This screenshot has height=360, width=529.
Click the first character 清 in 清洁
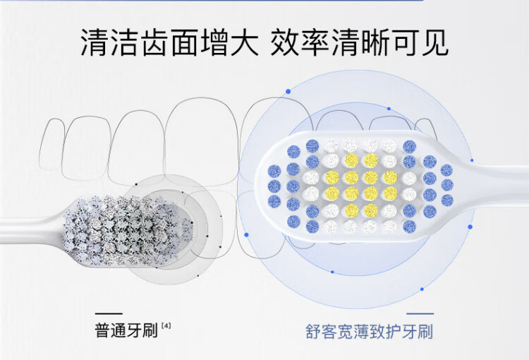(x=96, y=42)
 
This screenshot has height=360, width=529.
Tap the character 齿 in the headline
(x=156, y=42)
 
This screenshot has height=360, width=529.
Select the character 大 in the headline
(x=244, y=42)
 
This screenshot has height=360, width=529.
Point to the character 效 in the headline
(x=286, y=42)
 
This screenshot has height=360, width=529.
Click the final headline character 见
(x=434, y=42)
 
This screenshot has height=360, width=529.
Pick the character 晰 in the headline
(x=375, y=42)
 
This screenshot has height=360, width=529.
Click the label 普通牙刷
(x=126, y=330)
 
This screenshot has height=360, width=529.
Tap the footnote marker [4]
(x=166, y=326)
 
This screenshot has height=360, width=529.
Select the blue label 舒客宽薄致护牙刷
(x=369, y=331)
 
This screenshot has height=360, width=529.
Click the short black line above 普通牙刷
(x=109, y=313)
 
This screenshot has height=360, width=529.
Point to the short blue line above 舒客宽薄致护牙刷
(x=420, y=313)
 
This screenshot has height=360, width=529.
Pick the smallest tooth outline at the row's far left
(x=51, y=144)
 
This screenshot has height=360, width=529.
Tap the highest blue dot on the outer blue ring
(x=288, y=91)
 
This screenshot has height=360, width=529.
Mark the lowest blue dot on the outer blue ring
(x=422, y=289)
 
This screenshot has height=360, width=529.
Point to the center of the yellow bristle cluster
(x=361, y=186)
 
